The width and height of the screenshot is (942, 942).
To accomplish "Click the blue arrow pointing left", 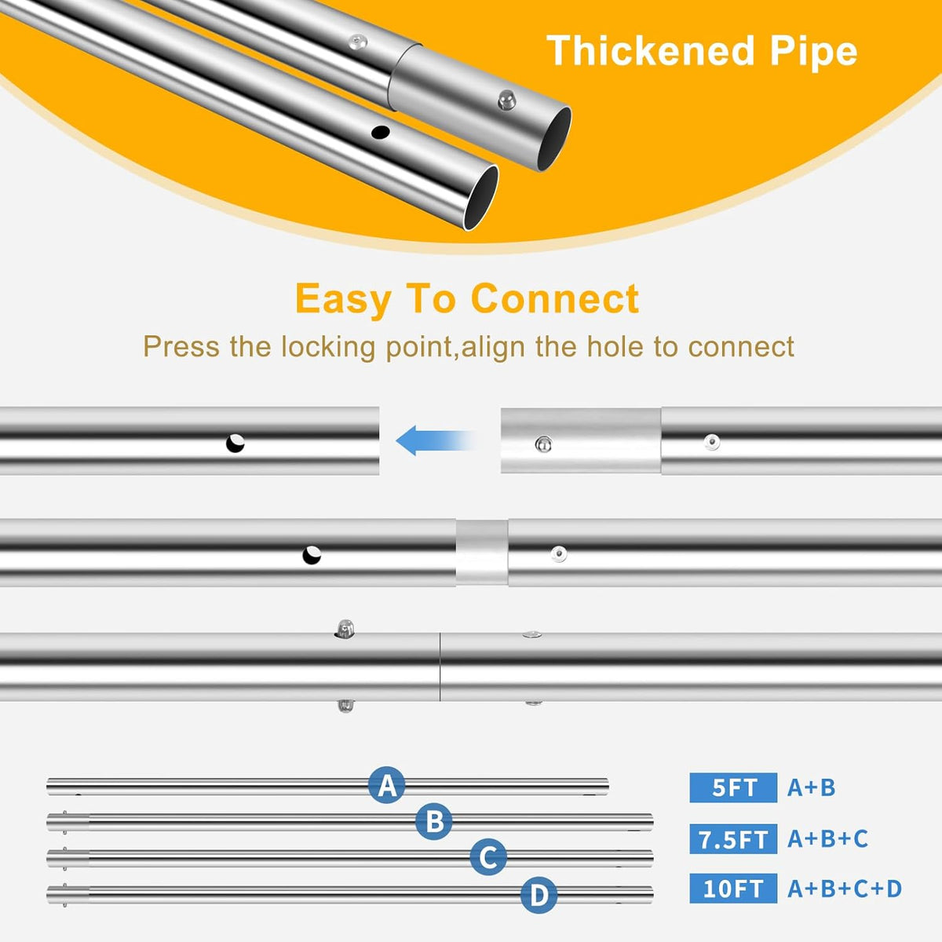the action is pyautogui.click(x=435, y=440).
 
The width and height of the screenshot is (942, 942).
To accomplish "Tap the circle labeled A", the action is pyautogui.click(x=387, y=785).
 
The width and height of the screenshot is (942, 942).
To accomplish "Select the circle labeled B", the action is pyautogui.click(x=434, y=821).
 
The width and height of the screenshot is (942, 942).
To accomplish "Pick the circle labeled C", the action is pyautogui.click(x=488, y=857).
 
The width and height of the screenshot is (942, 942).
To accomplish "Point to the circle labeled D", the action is pyautogui.click(x=539, y=895).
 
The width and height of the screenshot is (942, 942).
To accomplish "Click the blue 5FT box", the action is pyautogui.click(x=733, y=787).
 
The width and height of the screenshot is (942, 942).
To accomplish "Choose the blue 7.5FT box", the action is pyautogui.click(x=733, y=839).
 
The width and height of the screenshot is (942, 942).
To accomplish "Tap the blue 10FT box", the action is pyautogui.click(x=733, y=888).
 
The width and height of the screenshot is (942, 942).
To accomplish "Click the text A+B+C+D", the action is pyautogui.click(x=845, y=888).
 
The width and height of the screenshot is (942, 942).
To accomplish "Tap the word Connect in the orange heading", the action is pyautogui.click(x=555, y=298).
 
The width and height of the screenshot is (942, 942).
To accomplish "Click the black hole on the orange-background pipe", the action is pyautogui.click(x=380, y=132).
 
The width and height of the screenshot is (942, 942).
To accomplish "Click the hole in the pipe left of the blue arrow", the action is pyautogui.click(x=235, y=444).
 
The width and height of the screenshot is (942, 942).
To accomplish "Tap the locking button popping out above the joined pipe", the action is pyautogui.click(x=345, y=628).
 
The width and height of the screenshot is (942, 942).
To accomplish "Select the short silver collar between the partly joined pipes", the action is pyautogui.click(x=482, y=553).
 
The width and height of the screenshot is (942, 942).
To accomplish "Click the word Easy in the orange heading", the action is pyautogui.click(x=343, y=299).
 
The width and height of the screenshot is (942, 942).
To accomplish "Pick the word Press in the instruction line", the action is pyautogui.click(x=181, y=347).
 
